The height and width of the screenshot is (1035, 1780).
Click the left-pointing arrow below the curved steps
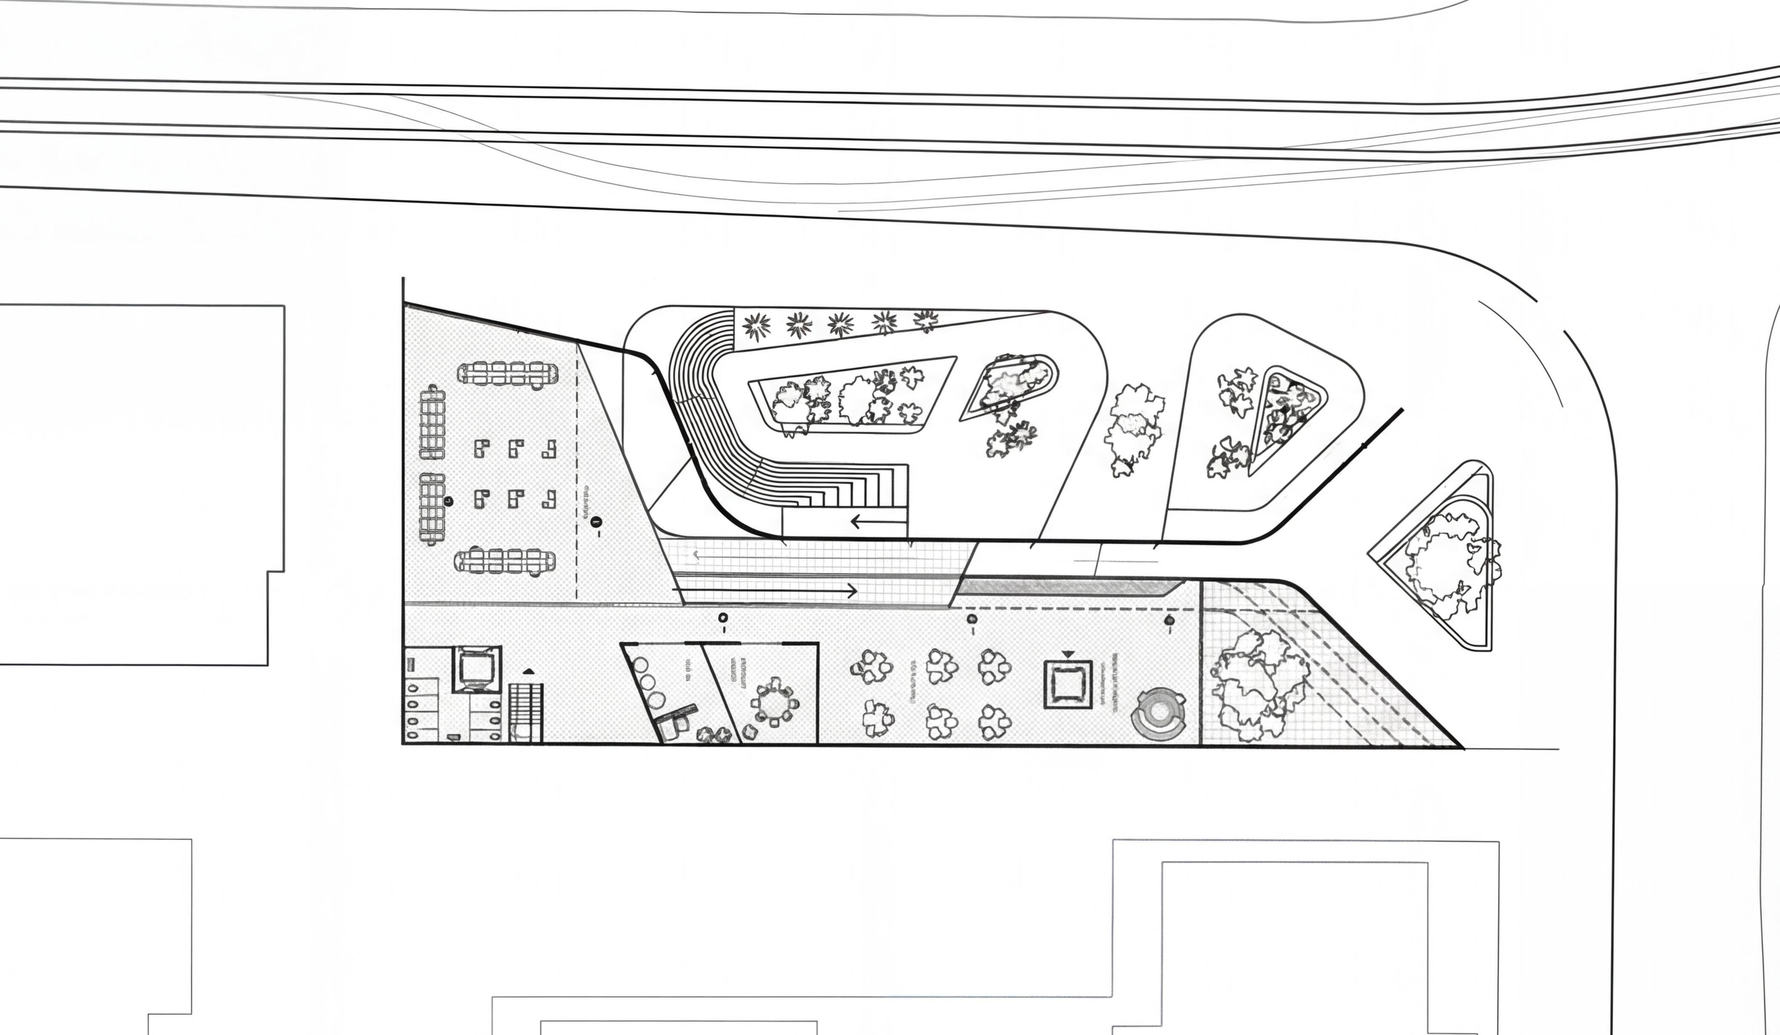pos(878,522)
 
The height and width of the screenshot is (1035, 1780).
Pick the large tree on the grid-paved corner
pos(1257,685)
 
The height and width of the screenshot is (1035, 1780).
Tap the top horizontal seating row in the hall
pos(507,374)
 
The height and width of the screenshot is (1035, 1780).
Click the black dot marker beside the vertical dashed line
pos(596,522)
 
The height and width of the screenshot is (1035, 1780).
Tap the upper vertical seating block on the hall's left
pos(432,422)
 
